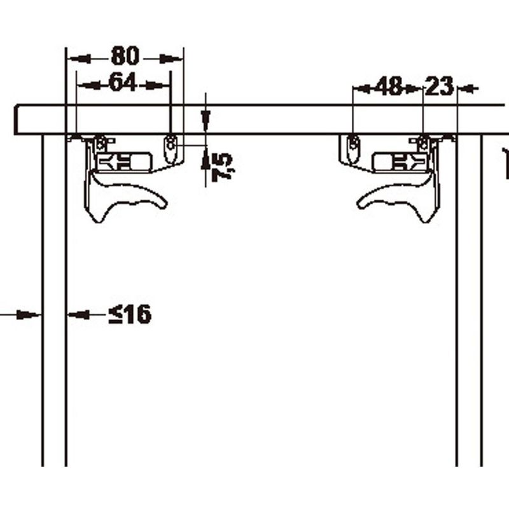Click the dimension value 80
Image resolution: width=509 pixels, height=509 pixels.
(x=125, y=56)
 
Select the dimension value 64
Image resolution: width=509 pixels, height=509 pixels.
(x=123, y=82)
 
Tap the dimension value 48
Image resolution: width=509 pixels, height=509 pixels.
(x=389, y=86)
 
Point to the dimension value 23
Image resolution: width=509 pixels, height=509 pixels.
(x=438, y=86)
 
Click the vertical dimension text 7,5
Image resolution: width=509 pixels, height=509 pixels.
(x=222, y=167)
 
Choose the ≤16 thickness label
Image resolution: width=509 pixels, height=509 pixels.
(x=130, y=314)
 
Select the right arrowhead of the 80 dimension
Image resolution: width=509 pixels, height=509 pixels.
(x=171, y=59)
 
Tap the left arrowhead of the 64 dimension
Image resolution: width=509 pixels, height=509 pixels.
(x=89, y=85)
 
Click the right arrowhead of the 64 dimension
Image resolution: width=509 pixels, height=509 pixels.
(x=158, y=85)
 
